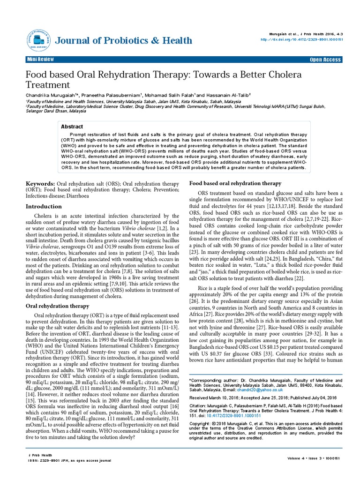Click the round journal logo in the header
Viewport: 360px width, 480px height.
(x=38, y=41)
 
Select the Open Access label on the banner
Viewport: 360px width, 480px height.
(x=325, y=60)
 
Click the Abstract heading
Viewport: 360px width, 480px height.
(x=72, y=127)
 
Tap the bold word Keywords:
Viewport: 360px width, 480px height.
(x=40, y=183)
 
